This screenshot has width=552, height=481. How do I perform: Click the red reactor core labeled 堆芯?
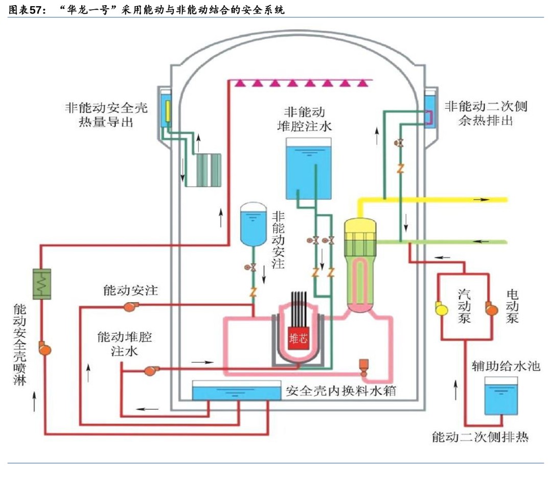pyautogui.click(x=299, y=339)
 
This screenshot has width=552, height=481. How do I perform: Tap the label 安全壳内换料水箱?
pyautogui.click(x=341, y=392)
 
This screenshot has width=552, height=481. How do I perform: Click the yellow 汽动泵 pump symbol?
pyautogui.click(x=439, y=308)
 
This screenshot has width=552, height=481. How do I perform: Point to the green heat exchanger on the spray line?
pyautogui.click(x=42, y=283)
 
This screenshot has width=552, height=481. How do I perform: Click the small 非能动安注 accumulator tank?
pyautogui.click(x=252, y=223)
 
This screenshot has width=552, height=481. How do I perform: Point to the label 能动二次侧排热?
pyautogui.click(x=479, y=437)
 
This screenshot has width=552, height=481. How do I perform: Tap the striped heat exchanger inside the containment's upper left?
pyautogui.click(x=203, y=171)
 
